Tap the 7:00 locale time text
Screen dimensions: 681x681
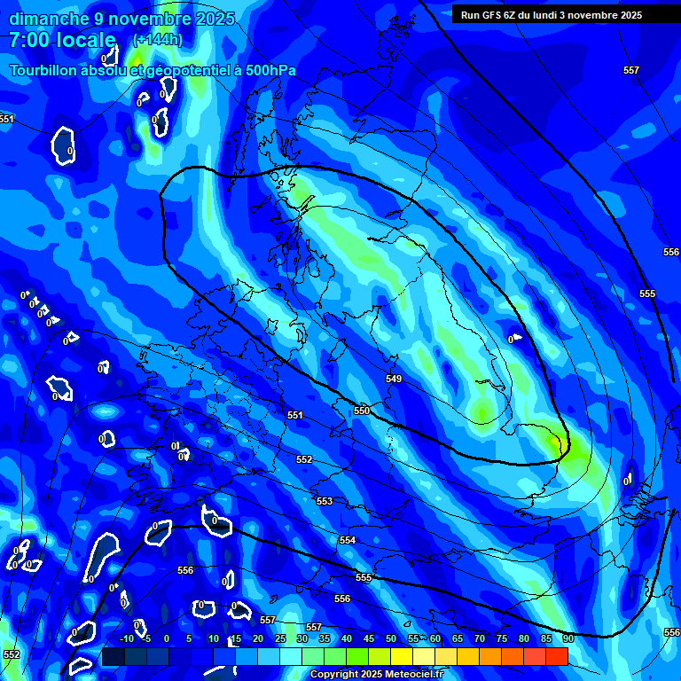click(62, 40)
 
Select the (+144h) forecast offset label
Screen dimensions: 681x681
click(157, 40)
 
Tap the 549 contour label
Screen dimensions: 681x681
click(394, 379)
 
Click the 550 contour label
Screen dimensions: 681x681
click(362, 411)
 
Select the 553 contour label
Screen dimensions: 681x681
click(325, 501)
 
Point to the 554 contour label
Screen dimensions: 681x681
click(348, 540)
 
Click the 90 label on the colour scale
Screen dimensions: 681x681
click(567, 638)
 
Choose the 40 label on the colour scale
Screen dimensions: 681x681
click(346, 638)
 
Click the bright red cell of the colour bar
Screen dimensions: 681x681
click(556, 656)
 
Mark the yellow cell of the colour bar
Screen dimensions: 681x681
click(401, 656)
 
